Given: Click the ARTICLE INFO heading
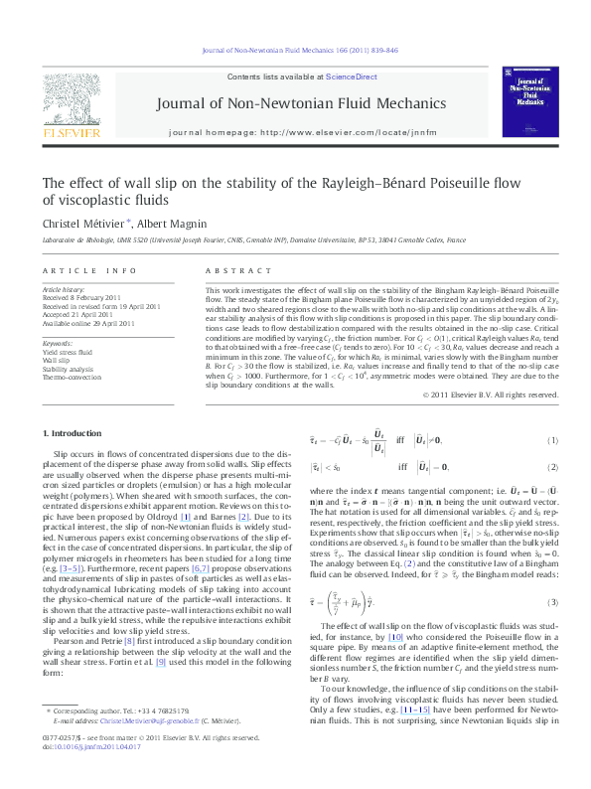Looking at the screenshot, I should (x=88, y=270).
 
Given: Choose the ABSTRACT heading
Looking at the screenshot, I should (x=230, y=270).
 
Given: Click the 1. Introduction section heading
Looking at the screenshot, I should (x=74, y=433).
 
